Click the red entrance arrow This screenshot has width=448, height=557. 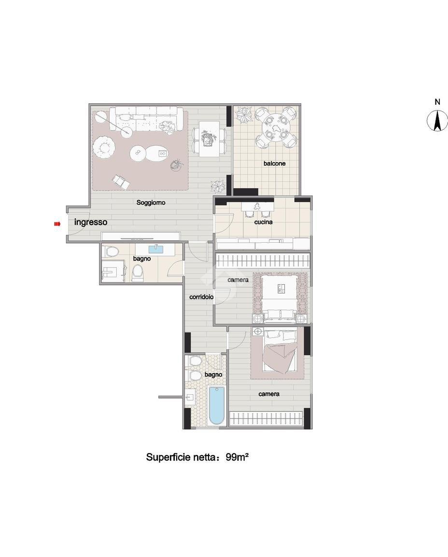(57, 224)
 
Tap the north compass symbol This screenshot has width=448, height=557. (437, 121)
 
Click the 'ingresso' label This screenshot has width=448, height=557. (91, 223)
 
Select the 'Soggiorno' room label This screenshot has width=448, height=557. (151, 203)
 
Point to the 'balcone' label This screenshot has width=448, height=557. (275, 164)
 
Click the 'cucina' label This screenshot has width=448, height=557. (264, 222)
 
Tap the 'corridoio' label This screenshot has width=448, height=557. (201, 297)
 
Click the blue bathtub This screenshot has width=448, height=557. (217, 405)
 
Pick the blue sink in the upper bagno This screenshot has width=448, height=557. (155, 249)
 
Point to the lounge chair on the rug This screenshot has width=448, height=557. (121, 182)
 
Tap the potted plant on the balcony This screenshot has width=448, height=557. (244, 114)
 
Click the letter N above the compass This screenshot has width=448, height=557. (437, 102)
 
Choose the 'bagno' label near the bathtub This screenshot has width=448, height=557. (213, 375)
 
